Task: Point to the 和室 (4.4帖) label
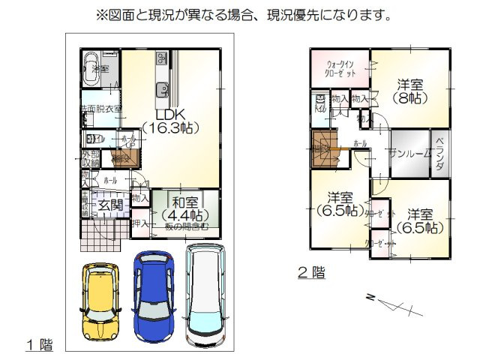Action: click(x=184, y=208)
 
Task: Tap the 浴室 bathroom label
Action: click(x=100, y=70)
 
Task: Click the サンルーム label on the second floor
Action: click(x=409, y=153)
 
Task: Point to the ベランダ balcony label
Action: click(x=440, y=154)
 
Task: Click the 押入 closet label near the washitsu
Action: click(x=140, y=224)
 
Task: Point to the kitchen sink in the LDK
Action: click(x=160, y=91)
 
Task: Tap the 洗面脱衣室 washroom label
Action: click(x=100, y=110)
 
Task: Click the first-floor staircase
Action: click(x=121, y=157)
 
